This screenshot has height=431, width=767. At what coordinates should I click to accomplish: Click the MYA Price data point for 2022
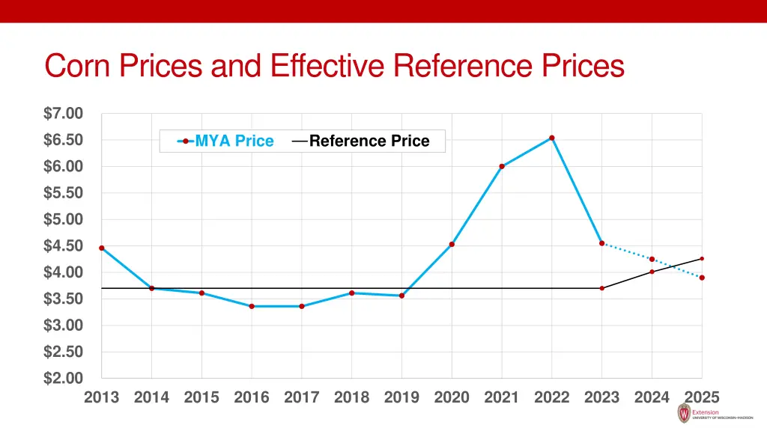[552, 138]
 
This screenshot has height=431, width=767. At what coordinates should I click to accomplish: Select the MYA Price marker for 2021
[502, 166]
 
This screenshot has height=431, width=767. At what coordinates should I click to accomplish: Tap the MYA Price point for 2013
[102, 248]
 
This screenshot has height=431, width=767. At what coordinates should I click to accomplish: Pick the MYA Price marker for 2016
[252, 306]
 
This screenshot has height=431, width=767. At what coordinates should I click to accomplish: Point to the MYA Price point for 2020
[452, 244]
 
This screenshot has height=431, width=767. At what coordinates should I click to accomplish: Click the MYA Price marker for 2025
[702, 278]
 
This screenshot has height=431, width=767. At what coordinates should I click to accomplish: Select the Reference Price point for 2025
[702, 259]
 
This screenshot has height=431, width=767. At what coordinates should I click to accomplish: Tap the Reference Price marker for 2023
[602, 288]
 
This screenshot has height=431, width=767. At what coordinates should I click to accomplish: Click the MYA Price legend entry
[225, 141]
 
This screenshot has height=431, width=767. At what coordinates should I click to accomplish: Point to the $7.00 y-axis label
[63, 114]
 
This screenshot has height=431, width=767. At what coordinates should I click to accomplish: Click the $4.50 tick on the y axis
[63, 246]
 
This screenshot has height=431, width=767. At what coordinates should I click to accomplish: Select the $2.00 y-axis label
[63, 379]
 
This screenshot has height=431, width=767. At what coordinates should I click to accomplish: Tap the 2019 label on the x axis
[401, 398]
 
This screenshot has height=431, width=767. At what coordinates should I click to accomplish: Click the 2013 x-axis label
[102, 398]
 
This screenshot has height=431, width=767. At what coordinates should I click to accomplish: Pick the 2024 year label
[652, 398]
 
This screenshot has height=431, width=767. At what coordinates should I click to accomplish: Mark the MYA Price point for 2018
[351, 293]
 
